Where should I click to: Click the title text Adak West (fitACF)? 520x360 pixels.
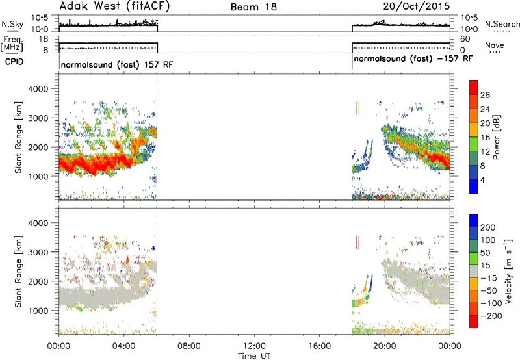point(114,6)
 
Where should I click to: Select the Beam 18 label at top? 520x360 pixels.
point(253,7)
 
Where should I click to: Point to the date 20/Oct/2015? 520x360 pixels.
point(417,6)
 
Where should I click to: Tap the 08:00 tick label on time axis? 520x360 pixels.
point(189,346)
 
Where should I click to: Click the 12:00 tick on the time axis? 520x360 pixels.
point(254,346)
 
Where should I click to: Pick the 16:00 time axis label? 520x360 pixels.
point(319,346)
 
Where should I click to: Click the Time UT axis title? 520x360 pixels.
point(254,356)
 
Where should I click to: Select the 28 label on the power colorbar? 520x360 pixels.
point(485,95)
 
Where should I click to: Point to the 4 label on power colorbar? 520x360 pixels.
point(483,180)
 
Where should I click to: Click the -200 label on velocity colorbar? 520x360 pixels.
point(491,316)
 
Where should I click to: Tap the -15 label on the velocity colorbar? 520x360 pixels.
point(489,278)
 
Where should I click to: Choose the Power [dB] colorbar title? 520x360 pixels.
point(496,137)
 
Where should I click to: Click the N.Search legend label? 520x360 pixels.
point(502,24)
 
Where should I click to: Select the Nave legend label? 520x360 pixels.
point(495,45)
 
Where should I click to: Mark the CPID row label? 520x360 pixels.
point(14,62)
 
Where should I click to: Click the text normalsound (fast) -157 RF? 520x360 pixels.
point(413,58)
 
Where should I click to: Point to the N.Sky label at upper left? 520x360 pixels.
point(12,24)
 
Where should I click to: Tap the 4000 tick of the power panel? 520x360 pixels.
point(38,89)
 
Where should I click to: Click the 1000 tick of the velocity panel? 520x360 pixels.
point(38,311)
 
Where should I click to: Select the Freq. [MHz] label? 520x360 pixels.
point(12,44)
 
